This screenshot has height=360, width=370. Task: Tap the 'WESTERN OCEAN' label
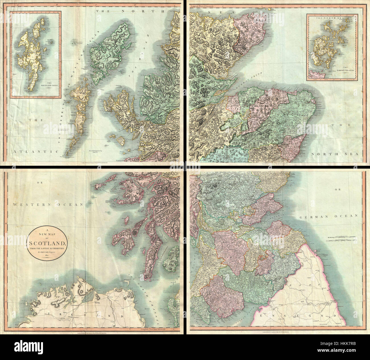[47, 204]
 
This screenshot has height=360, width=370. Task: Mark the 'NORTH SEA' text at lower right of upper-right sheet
[334, 154]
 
